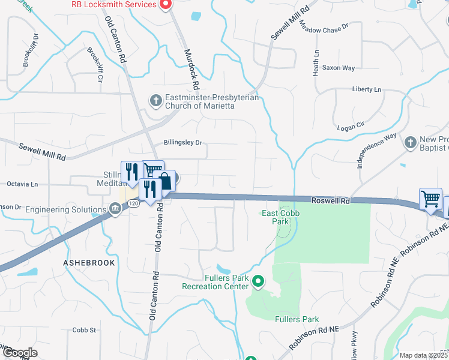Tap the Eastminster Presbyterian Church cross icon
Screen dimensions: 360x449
coord(155,100)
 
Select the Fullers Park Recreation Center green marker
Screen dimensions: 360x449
coord(258,281)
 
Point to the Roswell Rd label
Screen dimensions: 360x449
coord(330,201)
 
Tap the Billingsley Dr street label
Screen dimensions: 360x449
coord(182,143)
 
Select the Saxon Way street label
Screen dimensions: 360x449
coord(339,68)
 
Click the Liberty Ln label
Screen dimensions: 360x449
coord(366,89)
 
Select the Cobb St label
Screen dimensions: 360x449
coord(84,330)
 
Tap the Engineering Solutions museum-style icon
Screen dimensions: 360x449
coord(114,209)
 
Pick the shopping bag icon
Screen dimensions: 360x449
coord(164,181)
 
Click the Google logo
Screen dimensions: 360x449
coord(19,353)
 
